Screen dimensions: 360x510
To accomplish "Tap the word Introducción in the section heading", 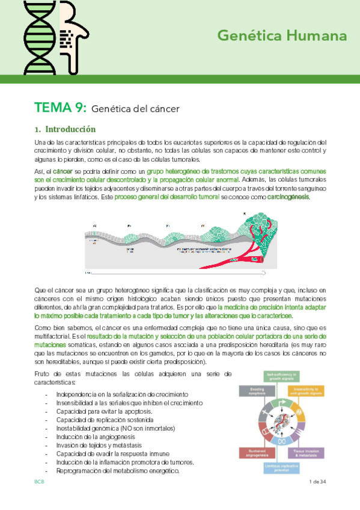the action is tap(70, 129).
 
